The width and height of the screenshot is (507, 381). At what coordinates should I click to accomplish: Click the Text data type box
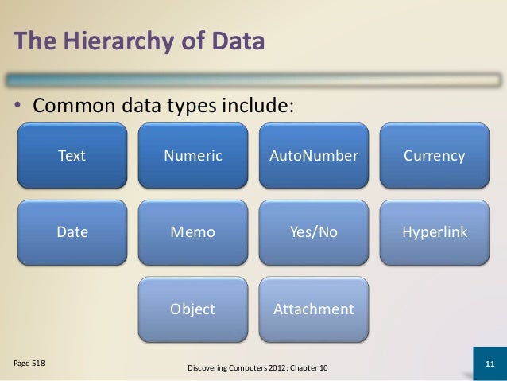(72, 155)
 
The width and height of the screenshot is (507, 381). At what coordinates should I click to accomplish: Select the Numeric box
(193, 155)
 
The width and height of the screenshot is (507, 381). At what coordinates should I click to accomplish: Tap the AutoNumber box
(314, 155)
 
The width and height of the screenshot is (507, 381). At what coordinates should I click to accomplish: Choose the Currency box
(435, 155)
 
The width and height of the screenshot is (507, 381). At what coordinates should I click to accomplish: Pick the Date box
(72, 232)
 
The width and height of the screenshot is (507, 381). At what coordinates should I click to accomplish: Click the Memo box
(193, 232)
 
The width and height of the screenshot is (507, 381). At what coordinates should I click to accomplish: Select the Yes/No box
(314, 232)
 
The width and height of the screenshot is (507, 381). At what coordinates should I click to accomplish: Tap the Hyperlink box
(435, 232)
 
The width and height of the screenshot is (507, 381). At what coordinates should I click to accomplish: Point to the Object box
(193, 309)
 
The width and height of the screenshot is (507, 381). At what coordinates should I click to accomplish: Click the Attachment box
(314, 309)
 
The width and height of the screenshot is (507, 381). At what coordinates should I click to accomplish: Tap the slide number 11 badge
(490, 365)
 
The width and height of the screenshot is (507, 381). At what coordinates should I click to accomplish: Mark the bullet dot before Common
(17, 106)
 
